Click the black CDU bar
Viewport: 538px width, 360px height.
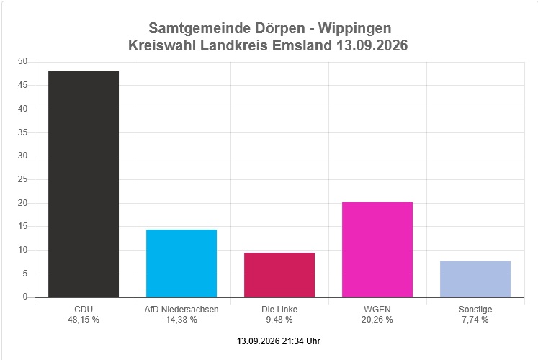coord(84,184)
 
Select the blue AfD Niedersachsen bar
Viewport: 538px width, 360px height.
coord(181,264)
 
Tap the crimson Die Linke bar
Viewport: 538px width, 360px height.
coord(279,275)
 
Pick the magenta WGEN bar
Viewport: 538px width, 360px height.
coord(377,250)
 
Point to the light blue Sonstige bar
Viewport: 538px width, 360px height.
coord(475,279)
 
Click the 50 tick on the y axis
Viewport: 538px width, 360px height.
coord(22,61)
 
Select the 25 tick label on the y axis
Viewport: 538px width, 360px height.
coord(22,179)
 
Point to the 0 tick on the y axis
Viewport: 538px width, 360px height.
coord(25,297)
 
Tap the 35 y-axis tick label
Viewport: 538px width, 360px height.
coord(22,132)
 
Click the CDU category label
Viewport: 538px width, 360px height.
coord(84,310)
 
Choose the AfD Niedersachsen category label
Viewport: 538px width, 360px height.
coord(181,310)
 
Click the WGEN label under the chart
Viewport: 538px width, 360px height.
coord(377,310)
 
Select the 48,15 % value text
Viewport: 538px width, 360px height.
coord(84,320)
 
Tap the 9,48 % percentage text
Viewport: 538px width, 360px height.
coord(279,320)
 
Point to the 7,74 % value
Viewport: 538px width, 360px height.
coord(475,320)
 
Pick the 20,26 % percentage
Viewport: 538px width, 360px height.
coord(377,320)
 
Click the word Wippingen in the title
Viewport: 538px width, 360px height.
coord(355,29)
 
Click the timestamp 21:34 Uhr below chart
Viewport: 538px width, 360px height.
coord(301,341)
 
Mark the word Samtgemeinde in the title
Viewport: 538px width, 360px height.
coord(199,29)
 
